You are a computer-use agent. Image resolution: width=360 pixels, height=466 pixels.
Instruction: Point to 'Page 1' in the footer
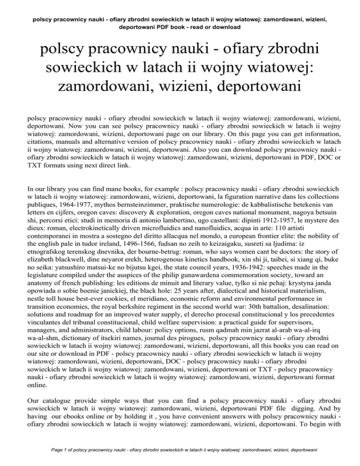coord(52,454)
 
